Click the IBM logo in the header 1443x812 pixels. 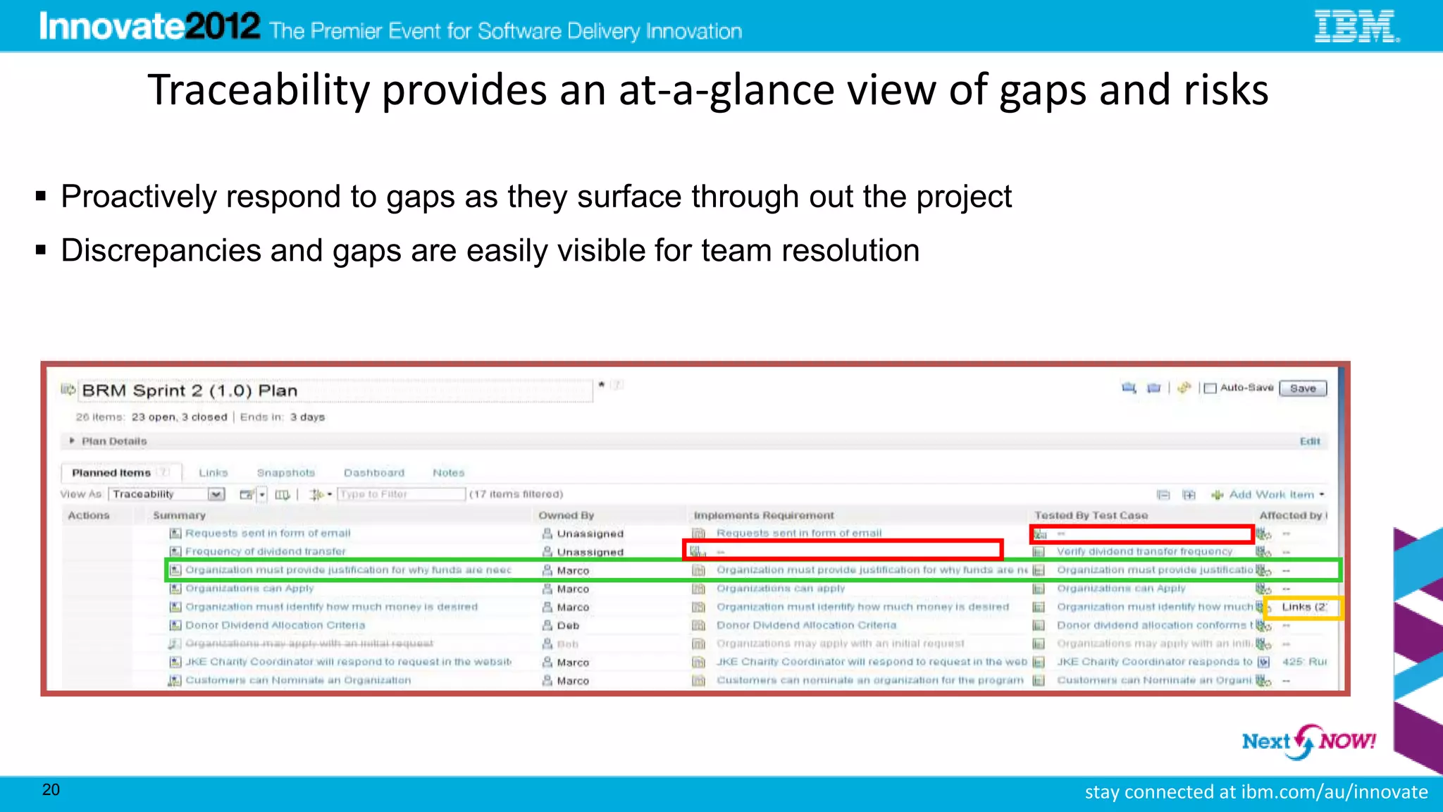click(x=1356, y=27)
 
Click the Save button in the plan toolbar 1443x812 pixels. click(x=1303, y=388)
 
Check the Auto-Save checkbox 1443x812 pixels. click(x=1210, y=388)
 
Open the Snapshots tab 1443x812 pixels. click(x=285, y=473)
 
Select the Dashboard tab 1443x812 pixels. click(x=374, y=473)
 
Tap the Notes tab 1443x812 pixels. click(x=448, y=473)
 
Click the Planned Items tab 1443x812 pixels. click(x=111, y=473)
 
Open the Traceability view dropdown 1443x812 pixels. click(x=216, y=495)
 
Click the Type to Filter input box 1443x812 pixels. click(x=401, y=495)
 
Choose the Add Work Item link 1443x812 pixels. click(x=1270, y=495)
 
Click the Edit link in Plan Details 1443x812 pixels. click(x=1309, y=441)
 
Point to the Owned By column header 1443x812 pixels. click(x=566, y=515)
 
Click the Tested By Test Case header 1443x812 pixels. click(x=1091, y=515)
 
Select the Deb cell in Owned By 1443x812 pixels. click(x=568, y=626)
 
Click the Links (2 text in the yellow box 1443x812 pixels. click(x=1303, y=607)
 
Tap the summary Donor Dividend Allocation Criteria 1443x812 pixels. click(x=275, y=625)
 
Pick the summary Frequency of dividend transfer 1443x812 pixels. click(x=265, y=552)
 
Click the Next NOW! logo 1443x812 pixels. click(x=1308, y=742)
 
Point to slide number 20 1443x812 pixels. click(x=51, y=789)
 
